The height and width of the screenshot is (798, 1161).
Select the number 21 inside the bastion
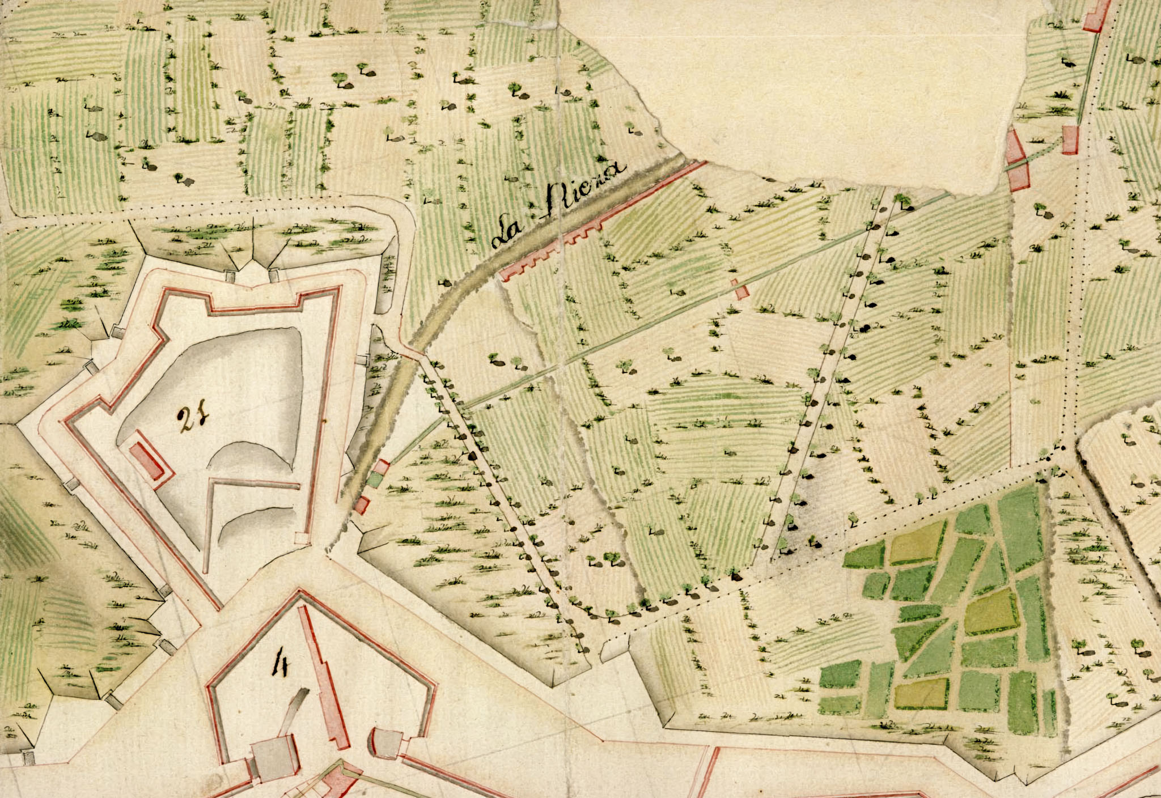pyautogui.click(x=193, y=420)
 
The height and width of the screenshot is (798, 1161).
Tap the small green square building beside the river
pyautogui.click(x=374, y=479)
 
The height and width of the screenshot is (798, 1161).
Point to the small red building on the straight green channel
pyautogui.click(x=740, y=289)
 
